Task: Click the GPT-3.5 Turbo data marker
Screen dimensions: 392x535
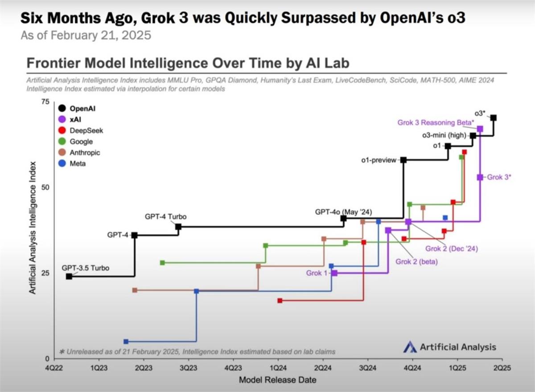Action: (69, 277)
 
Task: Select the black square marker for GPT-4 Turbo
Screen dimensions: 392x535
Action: (178, 227)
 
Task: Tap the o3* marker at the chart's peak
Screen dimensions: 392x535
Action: (494, 118)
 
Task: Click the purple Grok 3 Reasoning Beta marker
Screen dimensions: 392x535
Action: (480, 129)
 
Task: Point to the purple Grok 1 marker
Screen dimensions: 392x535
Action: (334, 273)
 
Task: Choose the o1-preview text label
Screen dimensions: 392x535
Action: (379, 160)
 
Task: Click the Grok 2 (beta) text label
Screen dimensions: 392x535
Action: (416, 261)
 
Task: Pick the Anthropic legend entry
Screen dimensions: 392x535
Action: (85, 153)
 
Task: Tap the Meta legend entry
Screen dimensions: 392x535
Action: (77, 163)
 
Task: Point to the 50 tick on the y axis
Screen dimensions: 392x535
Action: (45, 188)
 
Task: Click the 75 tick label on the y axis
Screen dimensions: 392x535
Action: (45, 102)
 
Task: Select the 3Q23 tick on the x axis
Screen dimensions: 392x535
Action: (188, 368)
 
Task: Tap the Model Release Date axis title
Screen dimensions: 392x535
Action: (278, 380)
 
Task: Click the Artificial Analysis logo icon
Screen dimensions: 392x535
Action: (410, 347)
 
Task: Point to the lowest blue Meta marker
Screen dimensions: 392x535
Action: (126, 342)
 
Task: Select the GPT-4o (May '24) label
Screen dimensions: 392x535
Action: (343, 212)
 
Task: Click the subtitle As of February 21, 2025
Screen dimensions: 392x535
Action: (86, 35)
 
